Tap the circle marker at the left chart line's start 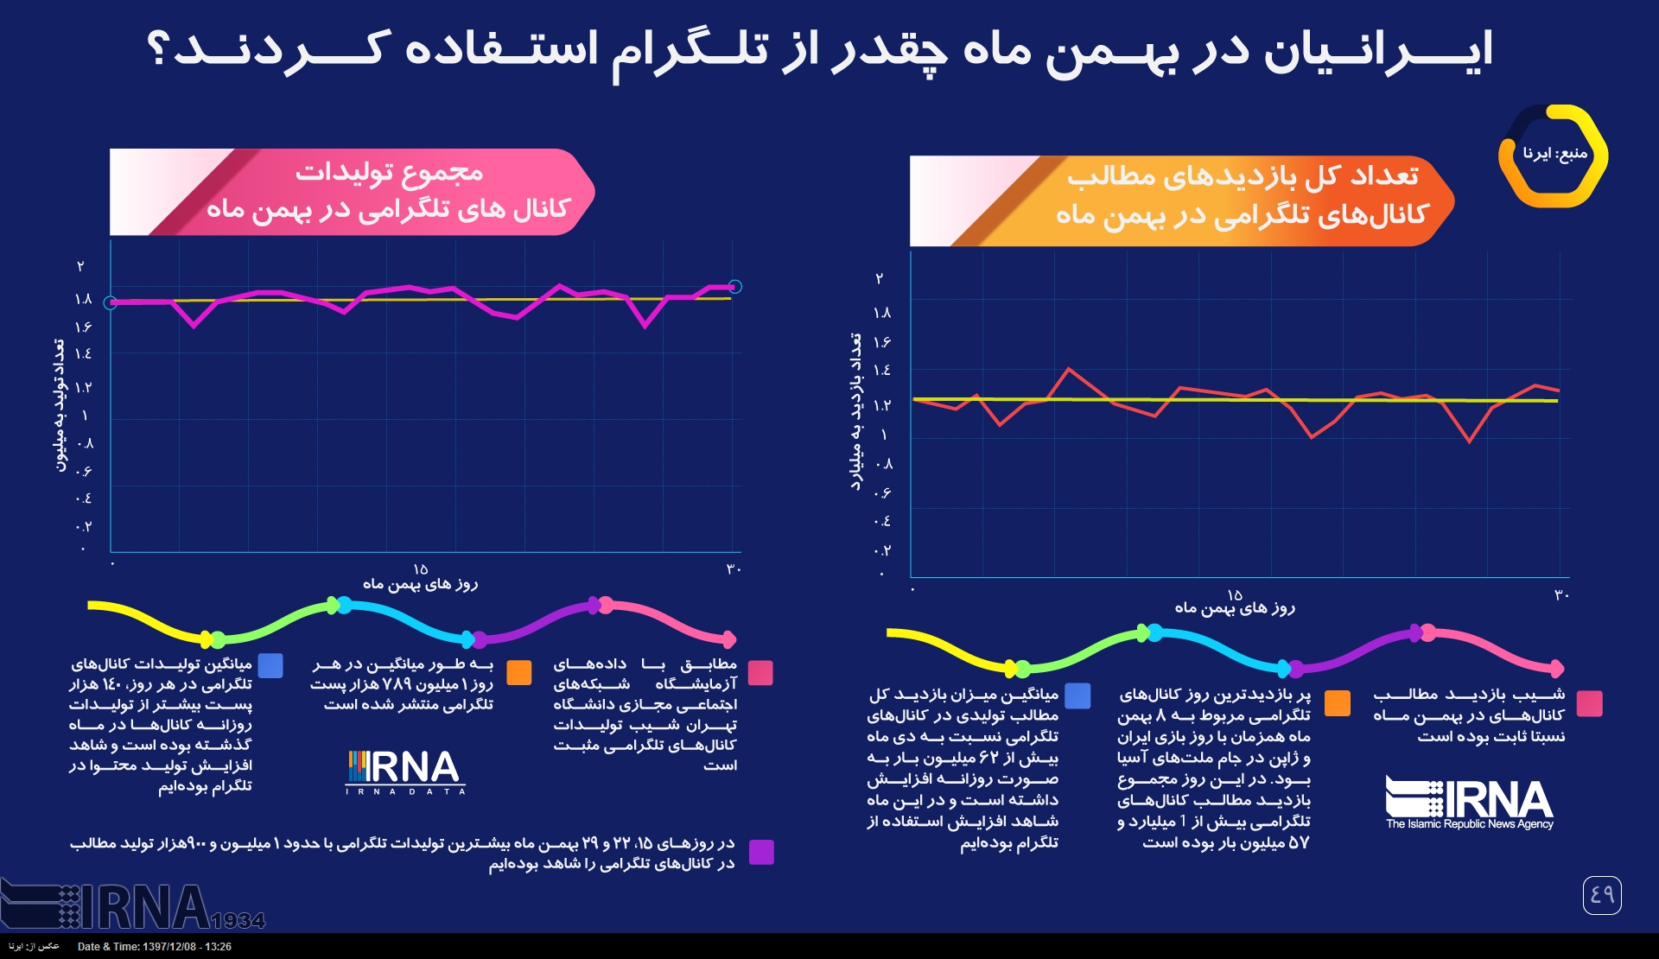click(x=111, y=302)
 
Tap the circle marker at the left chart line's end click(x=734, y=287)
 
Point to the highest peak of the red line click(x=1070, y=369)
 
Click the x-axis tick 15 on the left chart click(x=421, y=569)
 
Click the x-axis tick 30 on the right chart click(x=1561, y=595)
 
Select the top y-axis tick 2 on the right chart click(x=880, y=279)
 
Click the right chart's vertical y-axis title click(x=856, y=412)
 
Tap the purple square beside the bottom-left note click(x=761, y=853)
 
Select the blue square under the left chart click(x=270, y=666)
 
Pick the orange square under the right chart click(x=1337, y=703)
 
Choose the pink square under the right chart click(x=1589, y=703)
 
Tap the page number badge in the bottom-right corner click(x=1602, y=895)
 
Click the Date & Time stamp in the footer click(x=155, y=947)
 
